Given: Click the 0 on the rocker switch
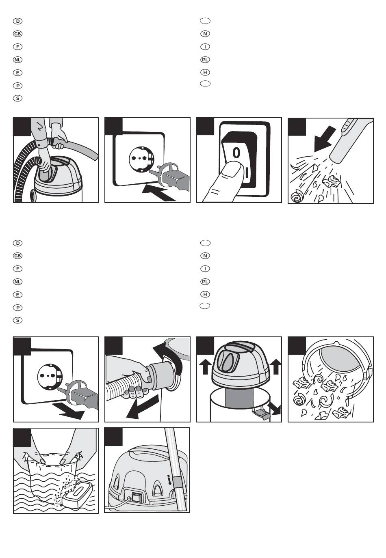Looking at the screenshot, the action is (236, 153).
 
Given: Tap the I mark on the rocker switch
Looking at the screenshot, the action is (246, 172).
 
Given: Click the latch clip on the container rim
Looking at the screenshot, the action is (261, 413).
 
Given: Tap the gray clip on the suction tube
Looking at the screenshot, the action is (176, 483).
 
